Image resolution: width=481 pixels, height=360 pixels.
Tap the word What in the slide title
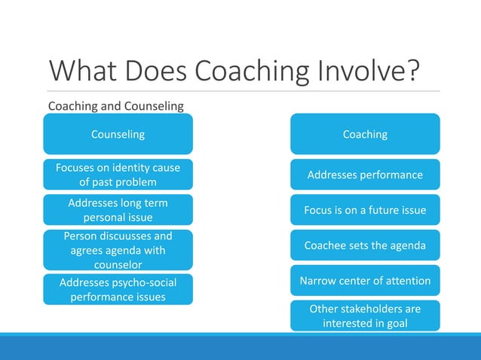(81, 72)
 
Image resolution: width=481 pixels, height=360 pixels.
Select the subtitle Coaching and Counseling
(115, 106)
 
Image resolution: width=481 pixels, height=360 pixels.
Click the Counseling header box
(118, 134)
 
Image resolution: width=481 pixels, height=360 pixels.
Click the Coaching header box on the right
(365, 134)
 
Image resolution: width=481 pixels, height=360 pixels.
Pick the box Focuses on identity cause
(118, 174)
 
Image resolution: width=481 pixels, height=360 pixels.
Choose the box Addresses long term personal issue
(118, 210)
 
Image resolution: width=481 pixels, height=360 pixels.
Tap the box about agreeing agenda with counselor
(118, 250)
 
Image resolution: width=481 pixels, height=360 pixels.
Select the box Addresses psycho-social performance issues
(118, 289)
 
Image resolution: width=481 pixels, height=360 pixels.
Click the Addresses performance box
(365, 175)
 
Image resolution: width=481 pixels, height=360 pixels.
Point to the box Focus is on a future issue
(365, 210)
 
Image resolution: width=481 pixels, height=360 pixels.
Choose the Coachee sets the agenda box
(365, 246)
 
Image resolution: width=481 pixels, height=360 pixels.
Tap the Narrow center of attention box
(365, 281)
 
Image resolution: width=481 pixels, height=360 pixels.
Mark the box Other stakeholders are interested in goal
(365, 316)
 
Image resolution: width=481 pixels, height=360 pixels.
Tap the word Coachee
(326, 246)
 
